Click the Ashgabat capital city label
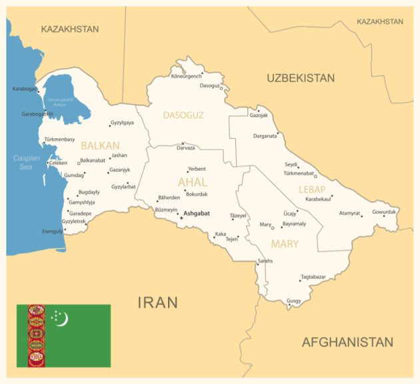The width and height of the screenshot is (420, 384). (x=197, y=214)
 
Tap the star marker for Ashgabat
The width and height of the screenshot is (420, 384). (x=180, y=218)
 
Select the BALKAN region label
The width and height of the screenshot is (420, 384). (x=100, y=145)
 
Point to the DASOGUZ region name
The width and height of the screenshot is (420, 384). (x=183, y=115)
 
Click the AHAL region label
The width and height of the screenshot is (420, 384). (x=192, y=182)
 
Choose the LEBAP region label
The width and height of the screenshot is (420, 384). (x=312, y=189)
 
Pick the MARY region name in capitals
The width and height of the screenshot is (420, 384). (x=285, y=244)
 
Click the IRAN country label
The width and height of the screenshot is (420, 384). (x=158, y=302)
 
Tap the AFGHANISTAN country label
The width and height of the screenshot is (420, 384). (x=347, y=342)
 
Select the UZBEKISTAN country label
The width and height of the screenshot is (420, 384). (x=301, y=78)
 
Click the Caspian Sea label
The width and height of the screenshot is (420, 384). (x=25, y=162)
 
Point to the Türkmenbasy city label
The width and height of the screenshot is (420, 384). (x=59, y=140)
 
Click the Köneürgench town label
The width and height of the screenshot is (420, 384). (x=186, y=76)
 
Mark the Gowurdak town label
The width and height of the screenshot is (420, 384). (x=384, y=212)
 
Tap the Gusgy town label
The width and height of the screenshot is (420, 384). (x=293, y=301)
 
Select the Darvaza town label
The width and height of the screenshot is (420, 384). (x=186, y=148)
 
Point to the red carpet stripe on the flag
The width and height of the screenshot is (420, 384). (x=36, y=336)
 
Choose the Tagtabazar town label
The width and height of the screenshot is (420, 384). (x=313, y=276)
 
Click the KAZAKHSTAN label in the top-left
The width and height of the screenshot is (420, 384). (x=69, y=29)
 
